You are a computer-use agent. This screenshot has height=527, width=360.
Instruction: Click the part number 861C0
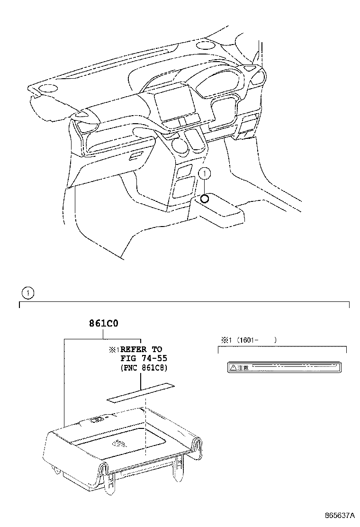103,325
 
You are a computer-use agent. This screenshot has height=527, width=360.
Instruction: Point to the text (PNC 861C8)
144,368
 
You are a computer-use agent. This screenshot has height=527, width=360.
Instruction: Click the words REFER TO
144,349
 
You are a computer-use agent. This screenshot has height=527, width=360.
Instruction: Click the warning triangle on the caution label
233,367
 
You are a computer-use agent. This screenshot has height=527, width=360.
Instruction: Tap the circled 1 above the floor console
204,174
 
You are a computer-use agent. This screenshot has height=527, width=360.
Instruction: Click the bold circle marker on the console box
204,199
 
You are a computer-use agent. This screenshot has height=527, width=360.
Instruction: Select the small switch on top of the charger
97,418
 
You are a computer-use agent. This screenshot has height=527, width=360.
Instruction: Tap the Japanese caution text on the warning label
243,367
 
